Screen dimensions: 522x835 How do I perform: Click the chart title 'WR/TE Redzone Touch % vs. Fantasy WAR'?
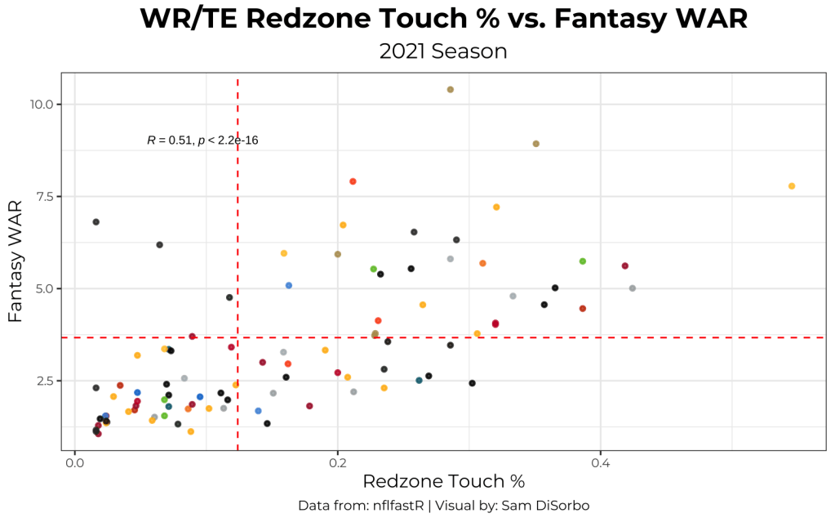tap(443, 19)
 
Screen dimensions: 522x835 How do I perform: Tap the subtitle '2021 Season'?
tap(443, 51)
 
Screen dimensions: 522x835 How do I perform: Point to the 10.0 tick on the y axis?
tap(42, 105)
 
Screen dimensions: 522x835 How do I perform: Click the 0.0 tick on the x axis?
tap(75, 462)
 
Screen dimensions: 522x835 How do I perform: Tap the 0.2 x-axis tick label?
tap(338, 462)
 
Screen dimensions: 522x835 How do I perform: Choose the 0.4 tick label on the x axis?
tap(601, 462)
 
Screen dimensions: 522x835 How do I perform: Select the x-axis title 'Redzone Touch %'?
tap(443, 482)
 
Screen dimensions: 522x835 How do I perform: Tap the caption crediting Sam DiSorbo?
tap(443, 506)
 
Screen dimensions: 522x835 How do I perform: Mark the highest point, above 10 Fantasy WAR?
tap(450, 90)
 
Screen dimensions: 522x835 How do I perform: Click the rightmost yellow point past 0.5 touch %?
tap(792, 186)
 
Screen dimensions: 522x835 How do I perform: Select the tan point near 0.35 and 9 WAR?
tap(536, 144)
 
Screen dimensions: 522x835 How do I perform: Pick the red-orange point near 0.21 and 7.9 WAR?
tap(353, 181)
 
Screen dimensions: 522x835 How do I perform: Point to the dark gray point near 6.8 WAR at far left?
tap(95, 222)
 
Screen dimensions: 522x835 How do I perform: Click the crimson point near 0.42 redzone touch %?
tap(625, 265)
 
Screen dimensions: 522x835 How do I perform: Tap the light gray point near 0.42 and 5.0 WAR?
tap(633, 288)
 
